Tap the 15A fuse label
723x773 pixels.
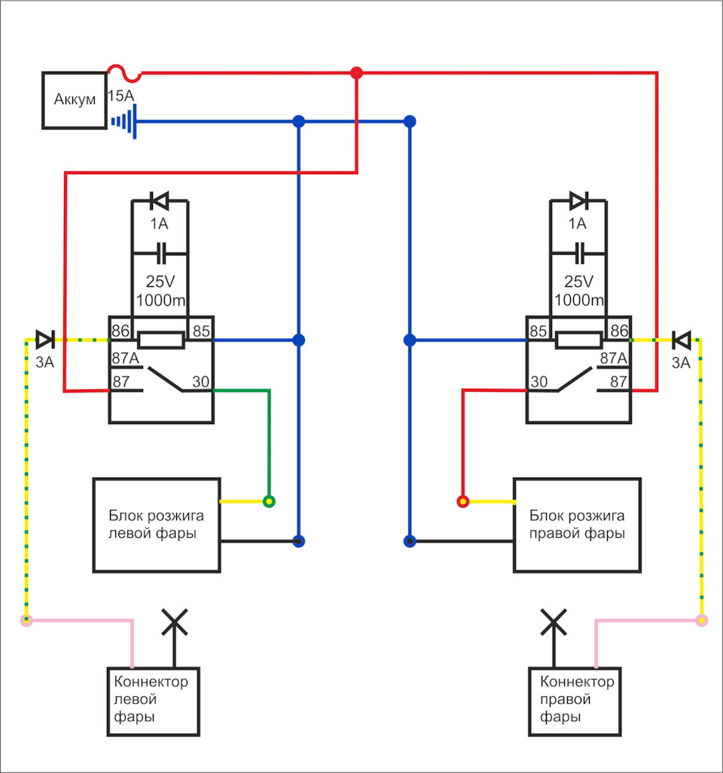point(120,96)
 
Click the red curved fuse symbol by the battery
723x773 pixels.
point(125,73)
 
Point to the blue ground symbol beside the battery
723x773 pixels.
point(124,121)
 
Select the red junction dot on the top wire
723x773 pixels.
point(356,73)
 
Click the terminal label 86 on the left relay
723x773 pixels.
point(120,331)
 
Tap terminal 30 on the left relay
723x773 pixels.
point(200,381)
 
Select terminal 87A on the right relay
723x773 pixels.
point(613,359)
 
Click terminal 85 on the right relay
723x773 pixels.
point(538,331)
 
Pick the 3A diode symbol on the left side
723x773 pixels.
point(45,340)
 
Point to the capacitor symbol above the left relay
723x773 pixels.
point(160,253)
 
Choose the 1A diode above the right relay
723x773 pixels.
point(578,200)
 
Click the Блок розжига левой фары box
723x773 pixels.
point(157,525)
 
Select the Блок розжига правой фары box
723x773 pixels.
point(577,525)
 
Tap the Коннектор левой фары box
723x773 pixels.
point(154,701)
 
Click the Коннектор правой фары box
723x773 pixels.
point(575,701)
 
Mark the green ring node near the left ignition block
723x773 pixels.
point(269,502)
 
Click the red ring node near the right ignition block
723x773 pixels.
point(462,502)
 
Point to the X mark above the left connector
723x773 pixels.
point(175,622)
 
